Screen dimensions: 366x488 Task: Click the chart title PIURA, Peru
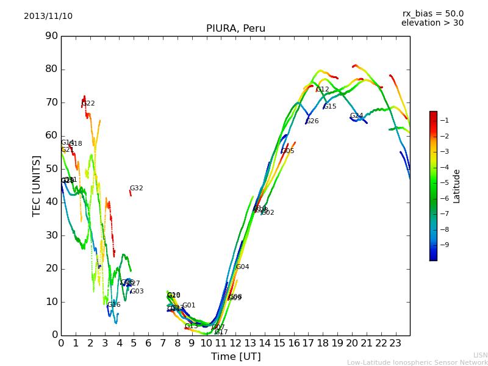[x=235, y=29]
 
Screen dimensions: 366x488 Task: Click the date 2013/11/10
[x=48, y=16]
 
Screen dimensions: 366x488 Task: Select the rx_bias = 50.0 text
[x=432, y=14]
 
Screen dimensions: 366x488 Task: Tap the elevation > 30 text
[x=432, y=23]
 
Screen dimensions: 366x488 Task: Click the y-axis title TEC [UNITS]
[x=37, y=185]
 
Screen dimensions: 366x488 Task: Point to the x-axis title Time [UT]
[x=235, y=357]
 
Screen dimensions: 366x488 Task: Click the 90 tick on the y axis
[x=51, y=36]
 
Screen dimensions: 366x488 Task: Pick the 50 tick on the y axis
[x=51, y=169]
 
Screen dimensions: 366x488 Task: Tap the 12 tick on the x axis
[x=235, y=343]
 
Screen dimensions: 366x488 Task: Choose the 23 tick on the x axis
[x=395, y=343]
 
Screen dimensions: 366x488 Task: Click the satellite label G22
[x=88, y=104]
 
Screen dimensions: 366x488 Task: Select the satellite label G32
[x=137, y=188]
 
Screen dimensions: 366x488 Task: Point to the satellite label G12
[x=323, y=90]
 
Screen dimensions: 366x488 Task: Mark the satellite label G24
[x=356, y=116]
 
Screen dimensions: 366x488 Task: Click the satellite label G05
[x=287, y=151]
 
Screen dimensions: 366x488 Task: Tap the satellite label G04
[x=242, y=267]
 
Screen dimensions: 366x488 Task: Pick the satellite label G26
[x=312, y=121]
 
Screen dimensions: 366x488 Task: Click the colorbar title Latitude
[x=457, y=186]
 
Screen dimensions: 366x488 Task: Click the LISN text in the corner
[x=480, y=355]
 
